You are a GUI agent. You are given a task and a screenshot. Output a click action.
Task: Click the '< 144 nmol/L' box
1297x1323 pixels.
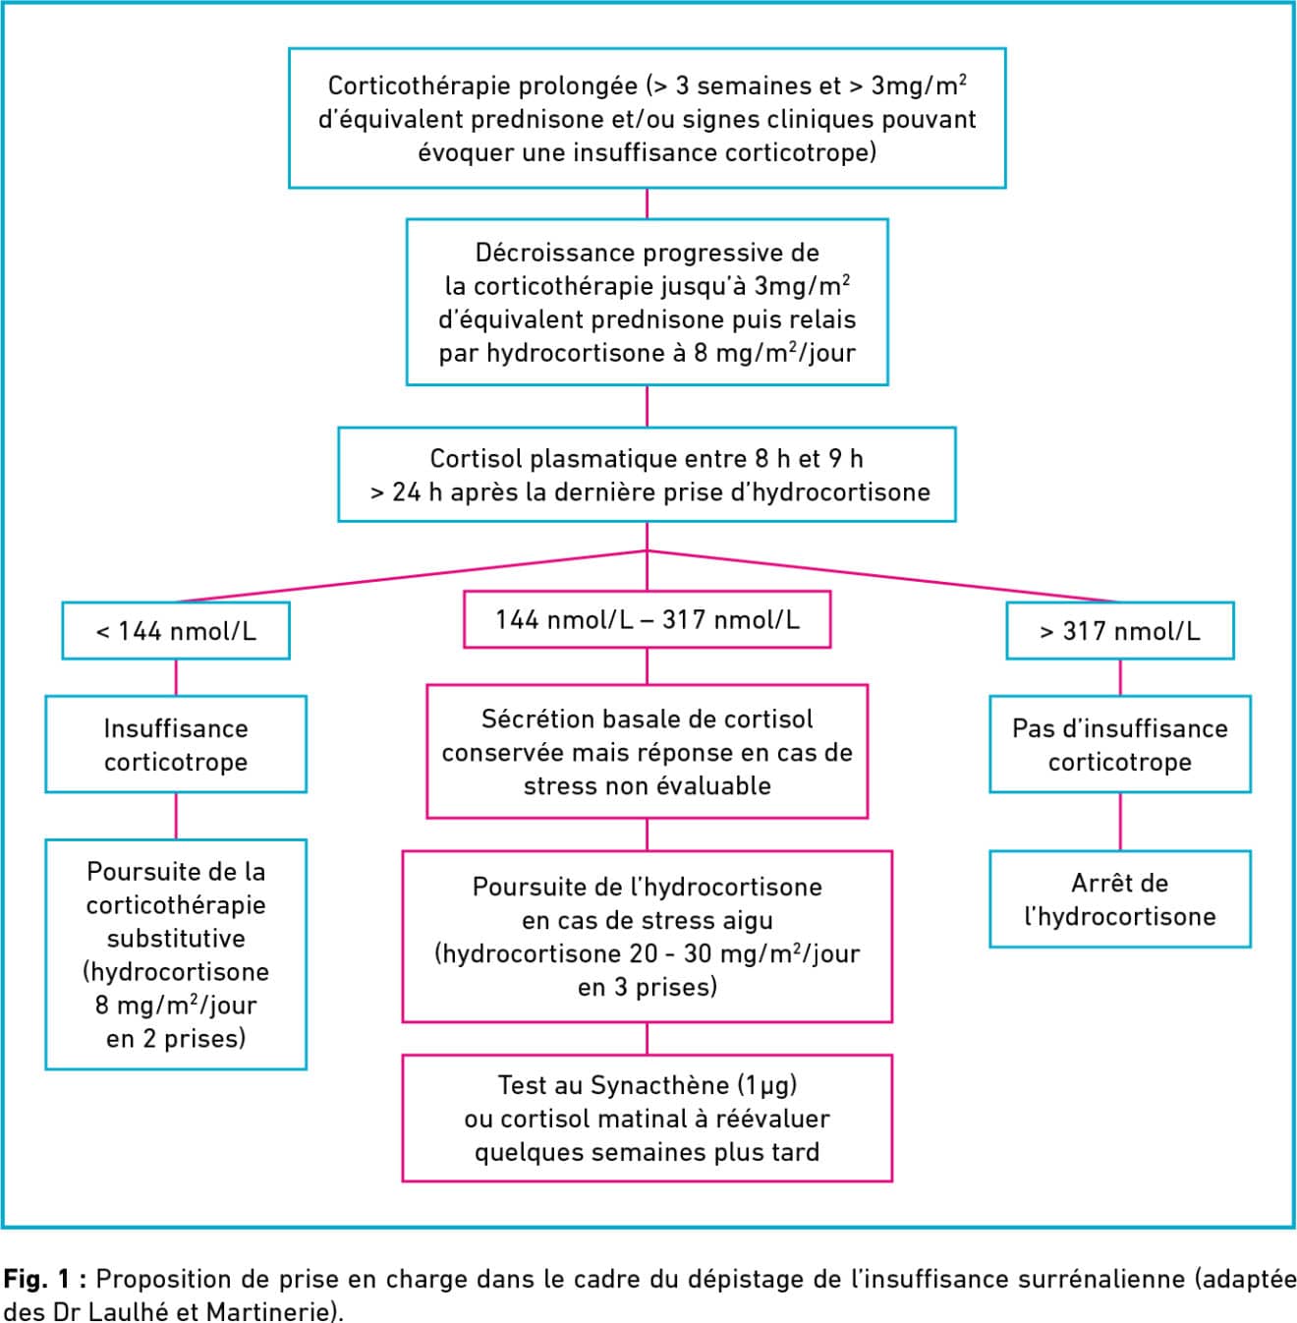coord(176,630)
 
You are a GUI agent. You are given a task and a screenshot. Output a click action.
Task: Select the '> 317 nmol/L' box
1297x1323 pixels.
coord(1120,630)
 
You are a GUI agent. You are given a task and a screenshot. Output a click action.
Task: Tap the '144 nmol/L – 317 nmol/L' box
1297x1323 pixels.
coord(647,618)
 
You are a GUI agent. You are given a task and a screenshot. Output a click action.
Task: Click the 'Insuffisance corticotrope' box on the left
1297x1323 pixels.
coord(176,743)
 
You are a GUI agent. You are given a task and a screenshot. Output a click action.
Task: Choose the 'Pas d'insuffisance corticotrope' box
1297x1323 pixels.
coord(1120,743)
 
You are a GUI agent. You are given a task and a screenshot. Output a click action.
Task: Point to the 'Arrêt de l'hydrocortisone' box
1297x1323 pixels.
coord(1120,898)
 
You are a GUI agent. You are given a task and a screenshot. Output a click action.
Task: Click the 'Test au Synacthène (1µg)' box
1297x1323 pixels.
coord(647,1118)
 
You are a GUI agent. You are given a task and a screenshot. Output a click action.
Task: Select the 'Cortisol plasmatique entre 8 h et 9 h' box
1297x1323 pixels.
coord(647,475)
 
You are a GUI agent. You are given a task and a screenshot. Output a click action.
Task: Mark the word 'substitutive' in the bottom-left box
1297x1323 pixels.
coord(176,938)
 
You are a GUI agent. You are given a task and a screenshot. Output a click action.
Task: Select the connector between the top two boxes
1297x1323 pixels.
coord(647,203)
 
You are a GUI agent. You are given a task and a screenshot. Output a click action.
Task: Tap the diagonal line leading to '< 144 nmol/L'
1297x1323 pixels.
coord(412,576)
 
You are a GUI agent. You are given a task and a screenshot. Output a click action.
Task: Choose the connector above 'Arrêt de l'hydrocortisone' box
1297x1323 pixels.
coord(1120,822)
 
